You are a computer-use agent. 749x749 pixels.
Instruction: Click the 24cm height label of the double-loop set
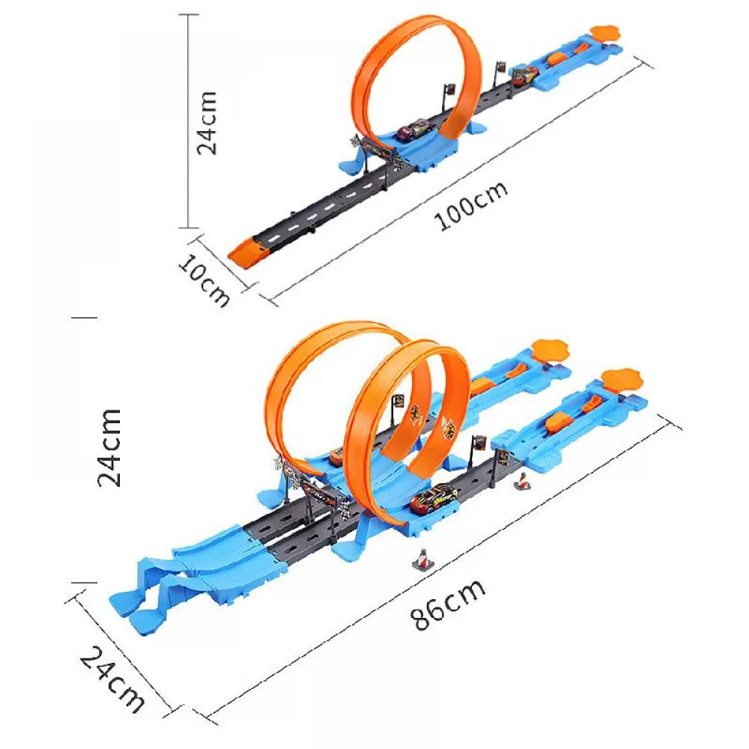[110, 447]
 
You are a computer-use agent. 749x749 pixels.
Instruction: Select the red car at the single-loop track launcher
[525, 74]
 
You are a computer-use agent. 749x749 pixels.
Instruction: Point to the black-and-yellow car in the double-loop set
[434, 498]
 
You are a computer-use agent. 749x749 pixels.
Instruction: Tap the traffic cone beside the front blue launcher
[522, 481]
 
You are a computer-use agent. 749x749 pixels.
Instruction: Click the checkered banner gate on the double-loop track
[315, 494]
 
